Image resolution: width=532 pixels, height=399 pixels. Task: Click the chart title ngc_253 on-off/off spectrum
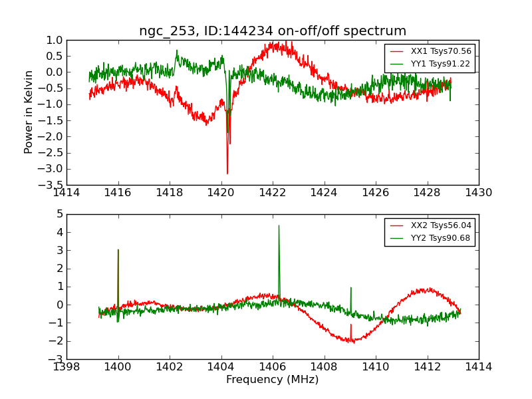[x=273, y=31]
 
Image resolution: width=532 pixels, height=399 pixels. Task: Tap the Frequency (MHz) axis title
[x=273, y=380]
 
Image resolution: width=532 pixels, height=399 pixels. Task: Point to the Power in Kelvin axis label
[x=29, y=112]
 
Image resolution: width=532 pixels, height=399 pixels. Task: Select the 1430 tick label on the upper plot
[x=479, y=193]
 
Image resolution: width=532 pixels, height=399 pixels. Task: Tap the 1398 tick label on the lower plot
[x=66, y=367]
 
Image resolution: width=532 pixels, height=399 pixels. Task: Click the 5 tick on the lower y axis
[x=59, y=214]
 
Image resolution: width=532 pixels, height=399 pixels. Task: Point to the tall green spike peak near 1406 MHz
[x=279, y=225]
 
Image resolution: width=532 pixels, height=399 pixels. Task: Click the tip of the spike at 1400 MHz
[x=118, y=250]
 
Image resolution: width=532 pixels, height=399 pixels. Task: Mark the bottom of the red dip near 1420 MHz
[x=227, y=174]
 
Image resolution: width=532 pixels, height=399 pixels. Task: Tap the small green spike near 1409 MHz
[x=350, y=288]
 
